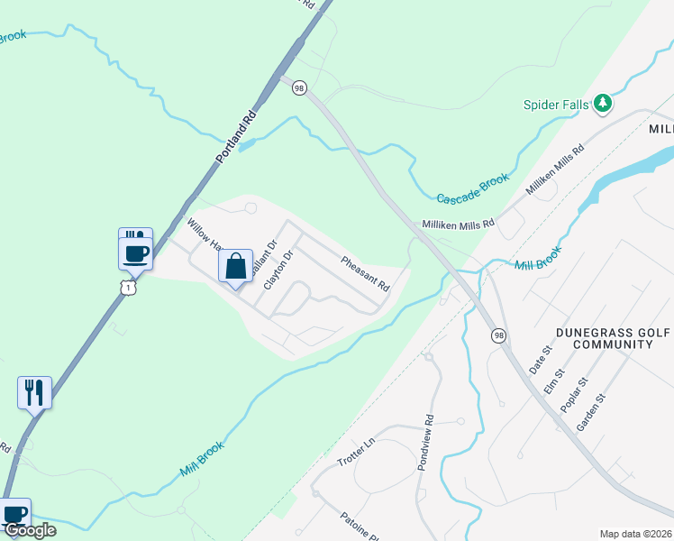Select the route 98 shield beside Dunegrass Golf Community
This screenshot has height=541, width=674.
click(498, 335)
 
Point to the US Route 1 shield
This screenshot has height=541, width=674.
click(130, 286)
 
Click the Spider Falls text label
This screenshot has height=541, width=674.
click(556, 105)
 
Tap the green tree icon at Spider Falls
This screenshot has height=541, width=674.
click(603, 104)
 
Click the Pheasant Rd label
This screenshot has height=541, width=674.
click(365, 274)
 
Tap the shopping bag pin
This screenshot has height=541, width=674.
click(235, 267)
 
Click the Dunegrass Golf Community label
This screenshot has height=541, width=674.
click(613, 338)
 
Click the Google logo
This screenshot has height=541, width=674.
click(30, 530)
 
